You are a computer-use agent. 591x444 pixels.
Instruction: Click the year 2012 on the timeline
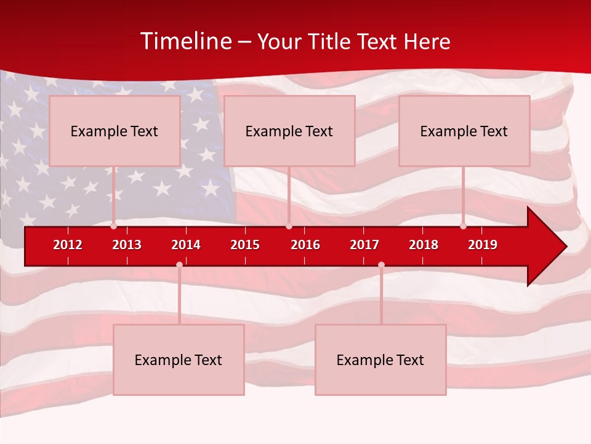click(x=68, y=245)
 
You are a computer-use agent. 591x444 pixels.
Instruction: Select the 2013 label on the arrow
click(x=127, y=245)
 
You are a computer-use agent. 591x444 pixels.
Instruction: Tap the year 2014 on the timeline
click(x=186, y=245)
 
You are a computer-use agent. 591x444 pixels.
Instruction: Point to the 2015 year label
click(x=245, y=245)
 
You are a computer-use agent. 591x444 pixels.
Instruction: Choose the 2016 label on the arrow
click(x=305, y=245)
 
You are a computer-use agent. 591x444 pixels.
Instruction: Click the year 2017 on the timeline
click(x=364, y=245)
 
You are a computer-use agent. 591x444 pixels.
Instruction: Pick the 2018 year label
click(x=424, y=245)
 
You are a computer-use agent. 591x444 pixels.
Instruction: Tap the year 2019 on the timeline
click(x=483, y=245)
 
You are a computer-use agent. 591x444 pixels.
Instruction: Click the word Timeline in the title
click(x=185, y=41)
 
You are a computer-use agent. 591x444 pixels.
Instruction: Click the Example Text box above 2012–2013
click(x=115, y=131)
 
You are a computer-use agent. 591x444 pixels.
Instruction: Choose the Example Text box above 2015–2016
click(x=289, y=131)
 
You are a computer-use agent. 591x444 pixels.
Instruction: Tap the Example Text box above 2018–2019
click(x=464, y=131)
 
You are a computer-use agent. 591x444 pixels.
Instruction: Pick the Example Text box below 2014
click(x=179, y=360)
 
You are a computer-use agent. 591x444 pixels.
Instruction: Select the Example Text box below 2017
click(x=380, y=360)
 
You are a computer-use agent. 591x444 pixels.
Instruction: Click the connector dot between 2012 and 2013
click(x=114, y=226)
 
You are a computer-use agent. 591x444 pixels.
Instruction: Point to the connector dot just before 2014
click(x=179, y=265)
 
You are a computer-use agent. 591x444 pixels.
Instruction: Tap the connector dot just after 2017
click(x=381, y=265)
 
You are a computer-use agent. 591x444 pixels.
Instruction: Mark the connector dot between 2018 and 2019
click(x=463, y=226)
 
